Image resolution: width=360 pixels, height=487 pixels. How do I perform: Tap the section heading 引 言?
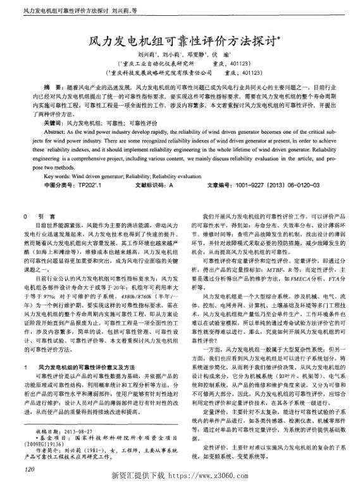click(49, 216)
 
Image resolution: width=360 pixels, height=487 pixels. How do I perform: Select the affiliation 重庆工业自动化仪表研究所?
click(156, 65)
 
